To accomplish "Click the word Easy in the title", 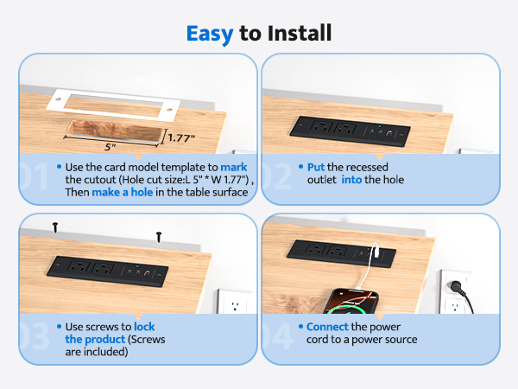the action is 210,34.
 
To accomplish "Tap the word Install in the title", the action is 300,33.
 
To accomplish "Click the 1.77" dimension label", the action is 181,137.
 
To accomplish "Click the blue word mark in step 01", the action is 234,167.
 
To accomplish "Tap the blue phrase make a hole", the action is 123,192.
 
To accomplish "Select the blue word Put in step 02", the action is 316,167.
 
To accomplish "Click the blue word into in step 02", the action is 351,180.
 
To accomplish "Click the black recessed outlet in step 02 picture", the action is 350,131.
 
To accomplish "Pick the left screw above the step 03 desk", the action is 55,227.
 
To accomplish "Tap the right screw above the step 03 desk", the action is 159,237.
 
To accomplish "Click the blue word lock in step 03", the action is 144,327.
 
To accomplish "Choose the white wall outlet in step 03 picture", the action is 235,301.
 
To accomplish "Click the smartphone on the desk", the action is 351,302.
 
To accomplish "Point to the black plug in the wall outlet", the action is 457,286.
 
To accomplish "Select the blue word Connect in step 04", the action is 327,327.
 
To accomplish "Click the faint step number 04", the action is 277,336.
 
